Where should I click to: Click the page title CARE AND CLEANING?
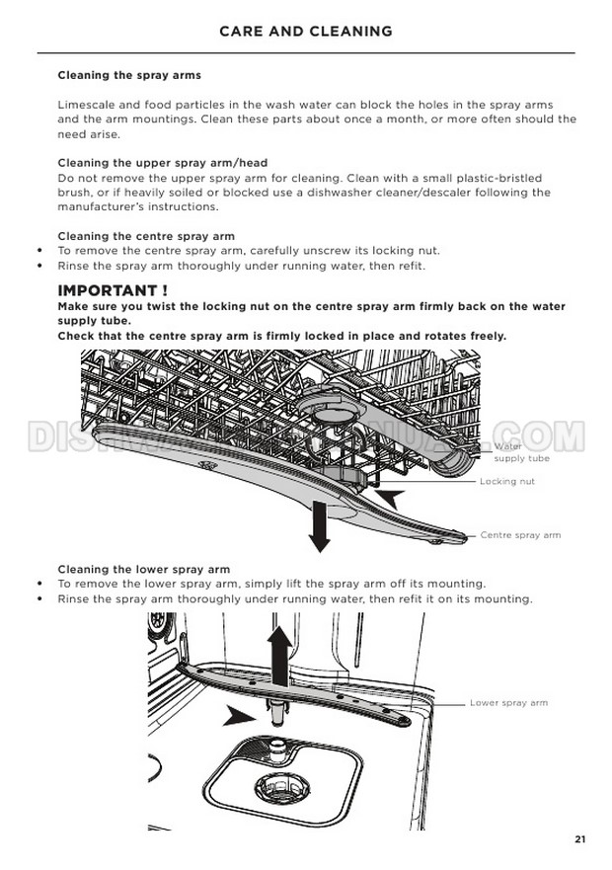tap(306, 31)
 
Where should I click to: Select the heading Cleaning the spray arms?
tap(129, 75)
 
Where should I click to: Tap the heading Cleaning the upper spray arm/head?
tap(163, 163)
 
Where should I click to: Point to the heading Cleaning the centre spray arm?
tap(146, 236)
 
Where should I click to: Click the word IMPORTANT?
tap(108, 290)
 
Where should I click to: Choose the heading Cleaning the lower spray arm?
tap(144, 569)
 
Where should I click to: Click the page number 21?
tap(579, 839)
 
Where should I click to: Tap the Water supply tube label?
tap(521, 452)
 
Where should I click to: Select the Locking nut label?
tap(507, 481)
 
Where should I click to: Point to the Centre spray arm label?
tap(520, 535)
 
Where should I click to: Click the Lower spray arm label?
tap(508, 702)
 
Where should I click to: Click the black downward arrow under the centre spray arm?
tap(319, 525)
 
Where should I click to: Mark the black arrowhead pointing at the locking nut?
tap(393, 497)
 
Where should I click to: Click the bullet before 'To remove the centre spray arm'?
tap(39, 250)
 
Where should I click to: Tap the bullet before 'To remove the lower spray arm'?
tap(39, 584)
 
